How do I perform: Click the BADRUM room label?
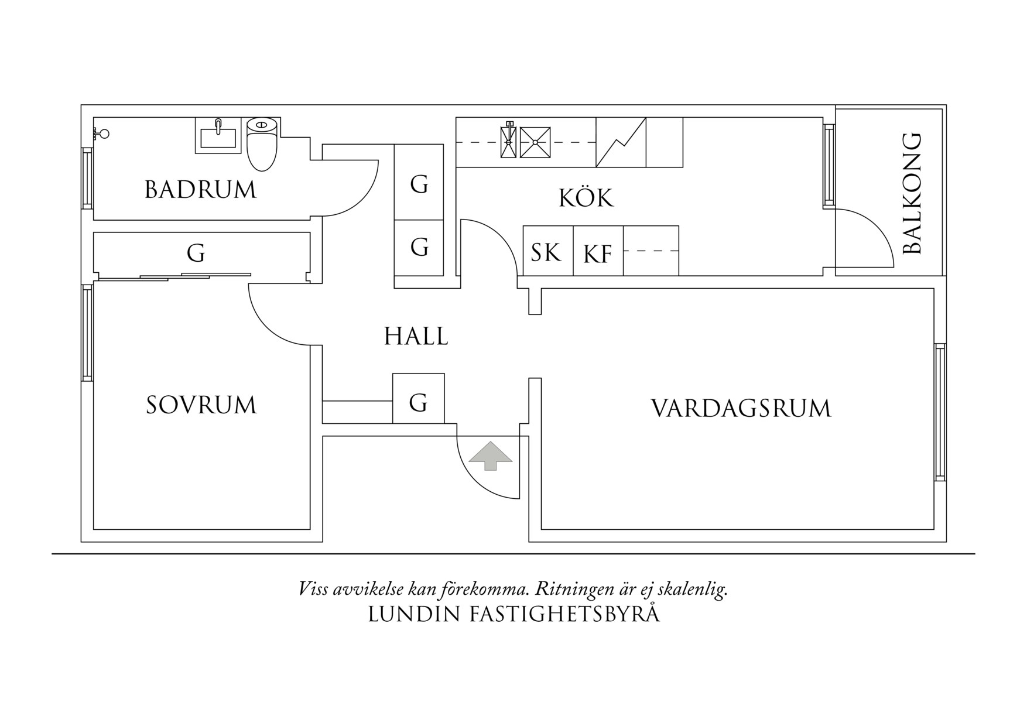pos(200,190)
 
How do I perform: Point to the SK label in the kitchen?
pos(546,252)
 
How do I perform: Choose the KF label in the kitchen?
pos(598,254)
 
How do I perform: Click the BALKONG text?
pos(912,194)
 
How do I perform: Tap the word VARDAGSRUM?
pos(741,408)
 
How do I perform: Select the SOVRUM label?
pos(201,405)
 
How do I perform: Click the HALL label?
pos(416,337)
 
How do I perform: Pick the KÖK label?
pos(586,198)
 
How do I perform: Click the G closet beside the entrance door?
pos(418,403)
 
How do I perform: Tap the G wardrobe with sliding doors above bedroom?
pos(196,254)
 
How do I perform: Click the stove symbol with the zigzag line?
pos(621,142)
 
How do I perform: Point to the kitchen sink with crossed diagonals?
pos(535,142)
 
